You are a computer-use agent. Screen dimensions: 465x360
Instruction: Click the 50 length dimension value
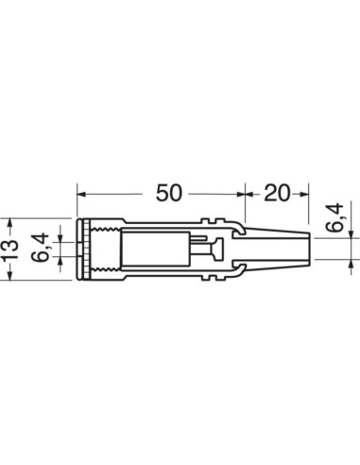(167, 193)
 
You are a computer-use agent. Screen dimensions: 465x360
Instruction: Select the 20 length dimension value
(276, 193)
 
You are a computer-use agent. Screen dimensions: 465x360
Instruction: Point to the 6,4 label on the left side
(40, 249)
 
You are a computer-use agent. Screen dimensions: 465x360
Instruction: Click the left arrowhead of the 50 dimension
(82, 194)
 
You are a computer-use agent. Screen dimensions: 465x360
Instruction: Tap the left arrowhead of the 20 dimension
(247, 194)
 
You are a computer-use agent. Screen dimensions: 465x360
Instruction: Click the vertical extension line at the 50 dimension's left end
(77, 203)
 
